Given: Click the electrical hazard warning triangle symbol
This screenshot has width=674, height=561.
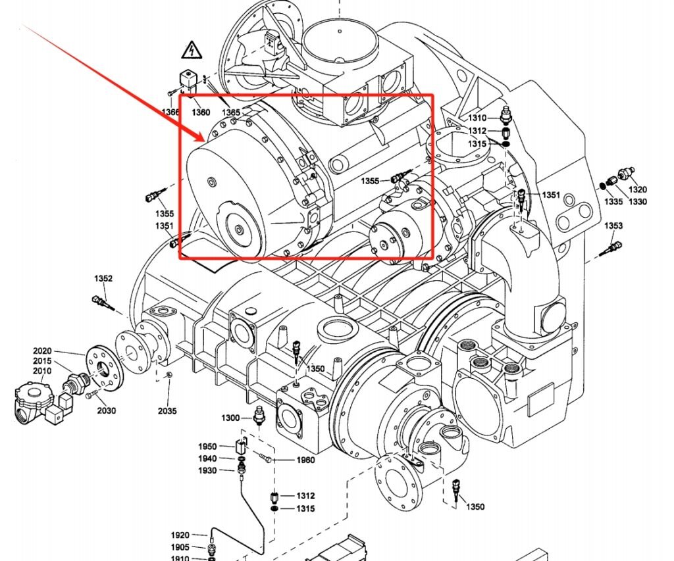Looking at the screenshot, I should coord(190,50).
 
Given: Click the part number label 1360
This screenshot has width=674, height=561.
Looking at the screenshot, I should coord(201,112).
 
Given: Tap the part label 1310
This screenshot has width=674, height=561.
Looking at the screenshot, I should coord(477,118).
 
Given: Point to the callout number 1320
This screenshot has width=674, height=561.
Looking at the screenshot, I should coord(637,189).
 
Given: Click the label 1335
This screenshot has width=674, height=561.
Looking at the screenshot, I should coord(613,201).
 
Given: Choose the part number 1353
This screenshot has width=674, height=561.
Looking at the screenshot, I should coord(613,226).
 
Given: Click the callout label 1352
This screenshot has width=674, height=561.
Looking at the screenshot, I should coord(103,278).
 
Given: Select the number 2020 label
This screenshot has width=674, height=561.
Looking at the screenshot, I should coord(42,351).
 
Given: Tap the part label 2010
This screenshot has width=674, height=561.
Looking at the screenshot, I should coord(42,372).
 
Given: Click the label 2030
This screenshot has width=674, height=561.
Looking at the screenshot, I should coord(106,410).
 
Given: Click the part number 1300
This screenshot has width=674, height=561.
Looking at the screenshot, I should coord(230,418).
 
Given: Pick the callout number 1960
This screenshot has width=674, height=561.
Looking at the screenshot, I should coord(305,460).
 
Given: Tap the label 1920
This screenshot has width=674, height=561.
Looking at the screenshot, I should coord(180,535).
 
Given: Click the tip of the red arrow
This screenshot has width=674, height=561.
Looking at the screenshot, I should coord(205,140).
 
